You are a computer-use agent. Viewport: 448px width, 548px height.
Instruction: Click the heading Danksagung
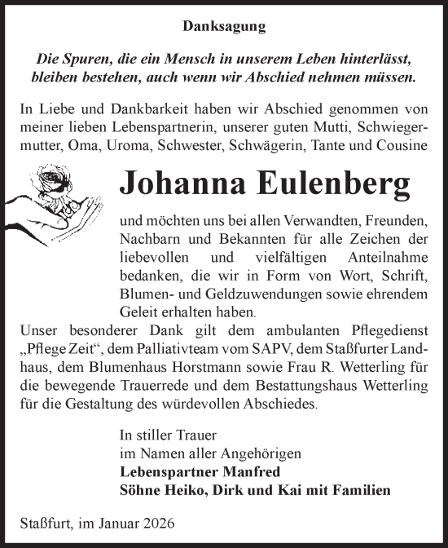(223, 27)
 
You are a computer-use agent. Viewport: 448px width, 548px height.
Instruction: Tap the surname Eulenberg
(340, 183)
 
